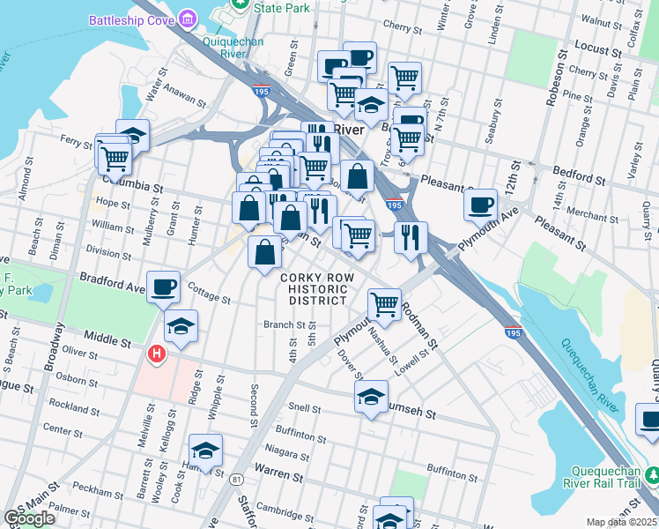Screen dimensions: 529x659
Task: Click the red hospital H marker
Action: (x=157, y=354)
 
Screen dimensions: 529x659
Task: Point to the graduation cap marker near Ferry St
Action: (x=132, y=136)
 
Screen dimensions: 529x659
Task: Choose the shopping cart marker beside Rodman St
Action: (x=384, y=304)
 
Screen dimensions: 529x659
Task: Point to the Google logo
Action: (x=29, y=518)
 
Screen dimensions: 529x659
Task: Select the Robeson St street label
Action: (x=553, y=83)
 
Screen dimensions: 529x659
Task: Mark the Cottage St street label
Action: (x=209, y=296)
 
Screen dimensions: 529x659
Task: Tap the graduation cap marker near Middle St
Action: (x=181, y=326)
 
